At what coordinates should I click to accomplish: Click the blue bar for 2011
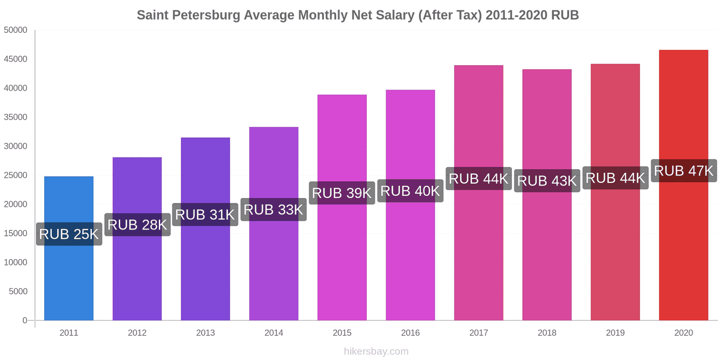coord(69,279)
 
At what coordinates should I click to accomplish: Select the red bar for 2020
coord(683,247)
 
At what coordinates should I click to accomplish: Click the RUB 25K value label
coord(69,234)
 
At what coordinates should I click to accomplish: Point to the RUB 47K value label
coord(684,171)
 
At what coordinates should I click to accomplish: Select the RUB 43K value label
coord(547,181)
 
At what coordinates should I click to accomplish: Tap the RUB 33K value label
coord(274,210)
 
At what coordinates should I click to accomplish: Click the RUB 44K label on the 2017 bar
coord(478,179)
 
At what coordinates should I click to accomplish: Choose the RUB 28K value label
coord(137,225)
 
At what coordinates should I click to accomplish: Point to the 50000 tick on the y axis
coord(16,30)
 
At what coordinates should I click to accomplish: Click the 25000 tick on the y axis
coord(16,175)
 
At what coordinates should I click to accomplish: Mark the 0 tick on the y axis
coord(25,320)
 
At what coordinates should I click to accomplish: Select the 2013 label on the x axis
coord(205,333)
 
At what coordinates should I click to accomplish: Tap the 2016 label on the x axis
coord(410,333)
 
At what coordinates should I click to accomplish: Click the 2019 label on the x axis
coord(615,333)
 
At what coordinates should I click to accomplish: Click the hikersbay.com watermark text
coord(376,351)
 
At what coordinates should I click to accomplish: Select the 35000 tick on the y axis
coord(16,117)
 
